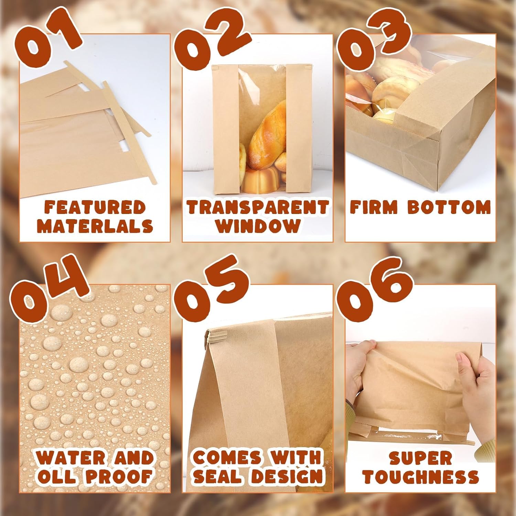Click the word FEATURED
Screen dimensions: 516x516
(x=95, y=207)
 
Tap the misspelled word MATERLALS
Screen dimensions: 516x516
(x=95, y=226)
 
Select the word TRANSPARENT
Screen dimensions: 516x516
(x=257, y=207)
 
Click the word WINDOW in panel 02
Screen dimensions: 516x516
(x=257, y=226)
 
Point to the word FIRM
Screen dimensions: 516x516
(x=374, y=207)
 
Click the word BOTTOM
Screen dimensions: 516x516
(x=449, y=207)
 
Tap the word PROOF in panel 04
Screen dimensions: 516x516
(x=119, y=476)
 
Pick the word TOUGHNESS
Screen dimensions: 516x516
(x=420, y=477)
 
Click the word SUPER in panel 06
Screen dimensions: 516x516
(x=420, y=458)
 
